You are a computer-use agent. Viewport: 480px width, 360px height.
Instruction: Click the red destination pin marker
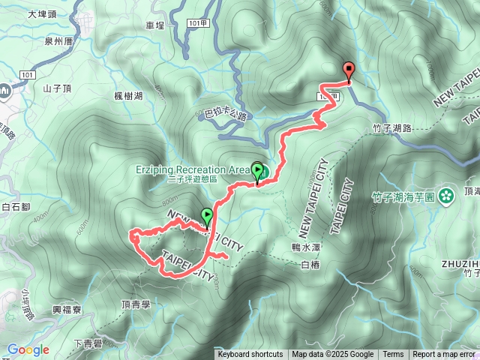coord(349,70)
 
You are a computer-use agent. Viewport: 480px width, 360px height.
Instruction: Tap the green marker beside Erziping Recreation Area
coord(258,172)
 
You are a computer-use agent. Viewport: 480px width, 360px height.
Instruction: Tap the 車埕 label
coord(154,25)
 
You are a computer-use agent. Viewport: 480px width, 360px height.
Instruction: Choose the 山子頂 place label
coord(57,88)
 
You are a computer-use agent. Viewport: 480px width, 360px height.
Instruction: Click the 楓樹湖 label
coord(128,96)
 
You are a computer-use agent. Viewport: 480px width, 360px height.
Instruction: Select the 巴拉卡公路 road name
coord(225,115)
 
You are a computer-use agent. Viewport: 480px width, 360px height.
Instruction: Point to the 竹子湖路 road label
coord(391,129)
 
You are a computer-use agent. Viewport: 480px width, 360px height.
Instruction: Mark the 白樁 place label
coord(309,265)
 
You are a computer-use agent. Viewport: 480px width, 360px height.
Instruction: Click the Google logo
coord(28,349)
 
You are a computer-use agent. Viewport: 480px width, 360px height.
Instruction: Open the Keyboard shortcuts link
coord(250,355)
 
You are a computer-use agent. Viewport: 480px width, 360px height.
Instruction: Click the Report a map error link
coord(445,355)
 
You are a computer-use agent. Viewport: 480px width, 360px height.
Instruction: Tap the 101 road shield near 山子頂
coord(27,75)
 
